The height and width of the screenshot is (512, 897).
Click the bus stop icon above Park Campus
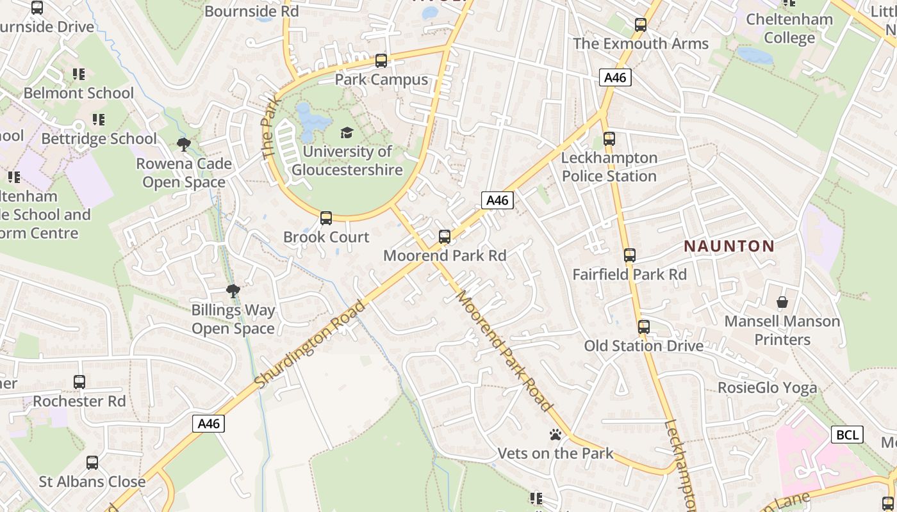click(381, 61)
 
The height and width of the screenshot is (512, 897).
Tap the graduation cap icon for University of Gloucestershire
click(347, 132)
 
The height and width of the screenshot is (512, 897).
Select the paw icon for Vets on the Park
click(555, 435)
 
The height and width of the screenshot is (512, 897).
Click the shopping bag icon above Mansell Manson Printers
click(782, 302)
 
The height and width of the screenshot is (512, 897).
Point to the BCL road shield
click(847, 435)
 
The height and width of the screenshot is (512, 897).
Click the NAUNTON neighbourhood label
click(729, 246)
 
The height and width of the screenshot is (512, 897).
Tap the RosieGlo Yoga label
click(767, 387)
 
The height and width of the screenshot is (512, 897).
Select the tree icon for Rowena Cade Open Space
click(184, 145)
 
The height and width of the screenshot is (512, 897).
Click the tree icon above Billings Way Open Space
click(233, 292)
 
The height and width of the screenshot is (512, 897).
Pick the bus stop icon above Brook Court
click(326, 218)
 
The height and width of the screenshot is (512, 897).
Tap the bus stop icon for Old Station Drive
click(644, 327)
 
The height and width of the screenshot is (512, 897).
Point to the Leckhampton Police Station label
click(609, 166)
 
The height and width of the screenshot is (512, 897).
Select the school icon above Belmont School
click(79, 74)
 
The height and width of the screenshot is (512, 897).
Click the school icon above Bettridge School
click(99, 120)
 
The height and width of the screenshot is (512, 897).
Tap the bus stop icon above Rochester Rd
click(79, 382)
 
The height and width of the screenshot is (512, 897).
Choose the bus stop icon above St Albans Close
click(92, 463)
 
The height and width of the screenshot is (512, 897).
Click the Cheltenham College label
click(789, 28)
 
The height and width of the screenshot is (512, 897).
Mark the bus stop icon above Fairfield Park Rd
click(630, 255)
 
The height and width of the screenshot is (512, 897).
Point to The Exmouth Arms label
click(641, 44)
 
